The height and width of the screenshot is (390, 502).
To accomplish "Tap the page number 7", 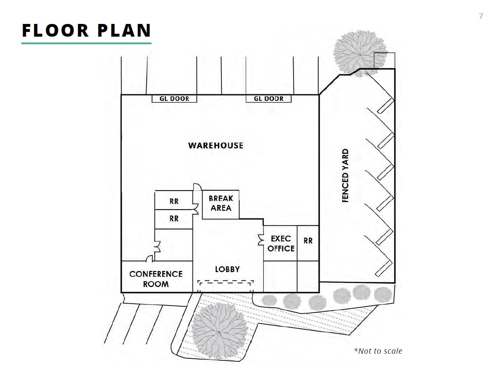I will (x=481, y=16).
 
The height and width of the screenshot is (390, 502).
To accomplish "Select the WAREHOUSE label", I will (x=216, y=145).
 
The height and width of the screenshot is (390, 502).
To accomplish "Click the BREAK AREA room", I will (x=220, y=204).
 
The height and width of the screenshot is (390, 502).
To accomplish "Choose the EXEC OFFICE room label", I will (x=281, y=243).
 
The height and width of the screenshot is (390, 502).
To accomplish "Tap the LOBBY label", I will (x=227, y=269).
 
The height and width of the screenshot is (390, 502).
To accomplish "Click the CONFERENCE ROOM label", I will (x=156, y=279).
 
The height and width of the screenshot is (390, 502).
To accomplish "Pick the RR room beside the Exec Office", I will (x=308, y=241).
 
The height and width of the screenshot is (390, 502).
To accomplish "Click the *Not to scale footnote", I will (x=378, y=351).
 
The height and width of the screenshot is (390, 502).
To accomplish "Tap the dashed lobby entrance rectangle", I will (x=225, y=282).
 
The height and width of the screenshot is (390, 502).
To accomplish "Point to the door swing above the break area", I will (x=197, y=187).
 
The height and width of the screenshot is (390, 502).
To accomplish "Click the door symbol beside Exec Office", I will (x=261, y=240).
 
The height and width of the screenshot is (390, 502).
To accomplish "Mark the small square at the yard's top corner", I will (x=384, y=60).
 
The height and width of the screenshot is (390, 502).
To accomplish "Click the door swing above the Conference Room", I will (x=149, y=258).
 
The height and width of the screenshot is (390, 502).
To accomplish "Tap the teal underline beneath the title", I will (x=86, y=43).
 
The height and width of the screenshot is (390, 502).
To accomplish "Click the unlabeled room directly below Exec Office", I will (x=280, y=276).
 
